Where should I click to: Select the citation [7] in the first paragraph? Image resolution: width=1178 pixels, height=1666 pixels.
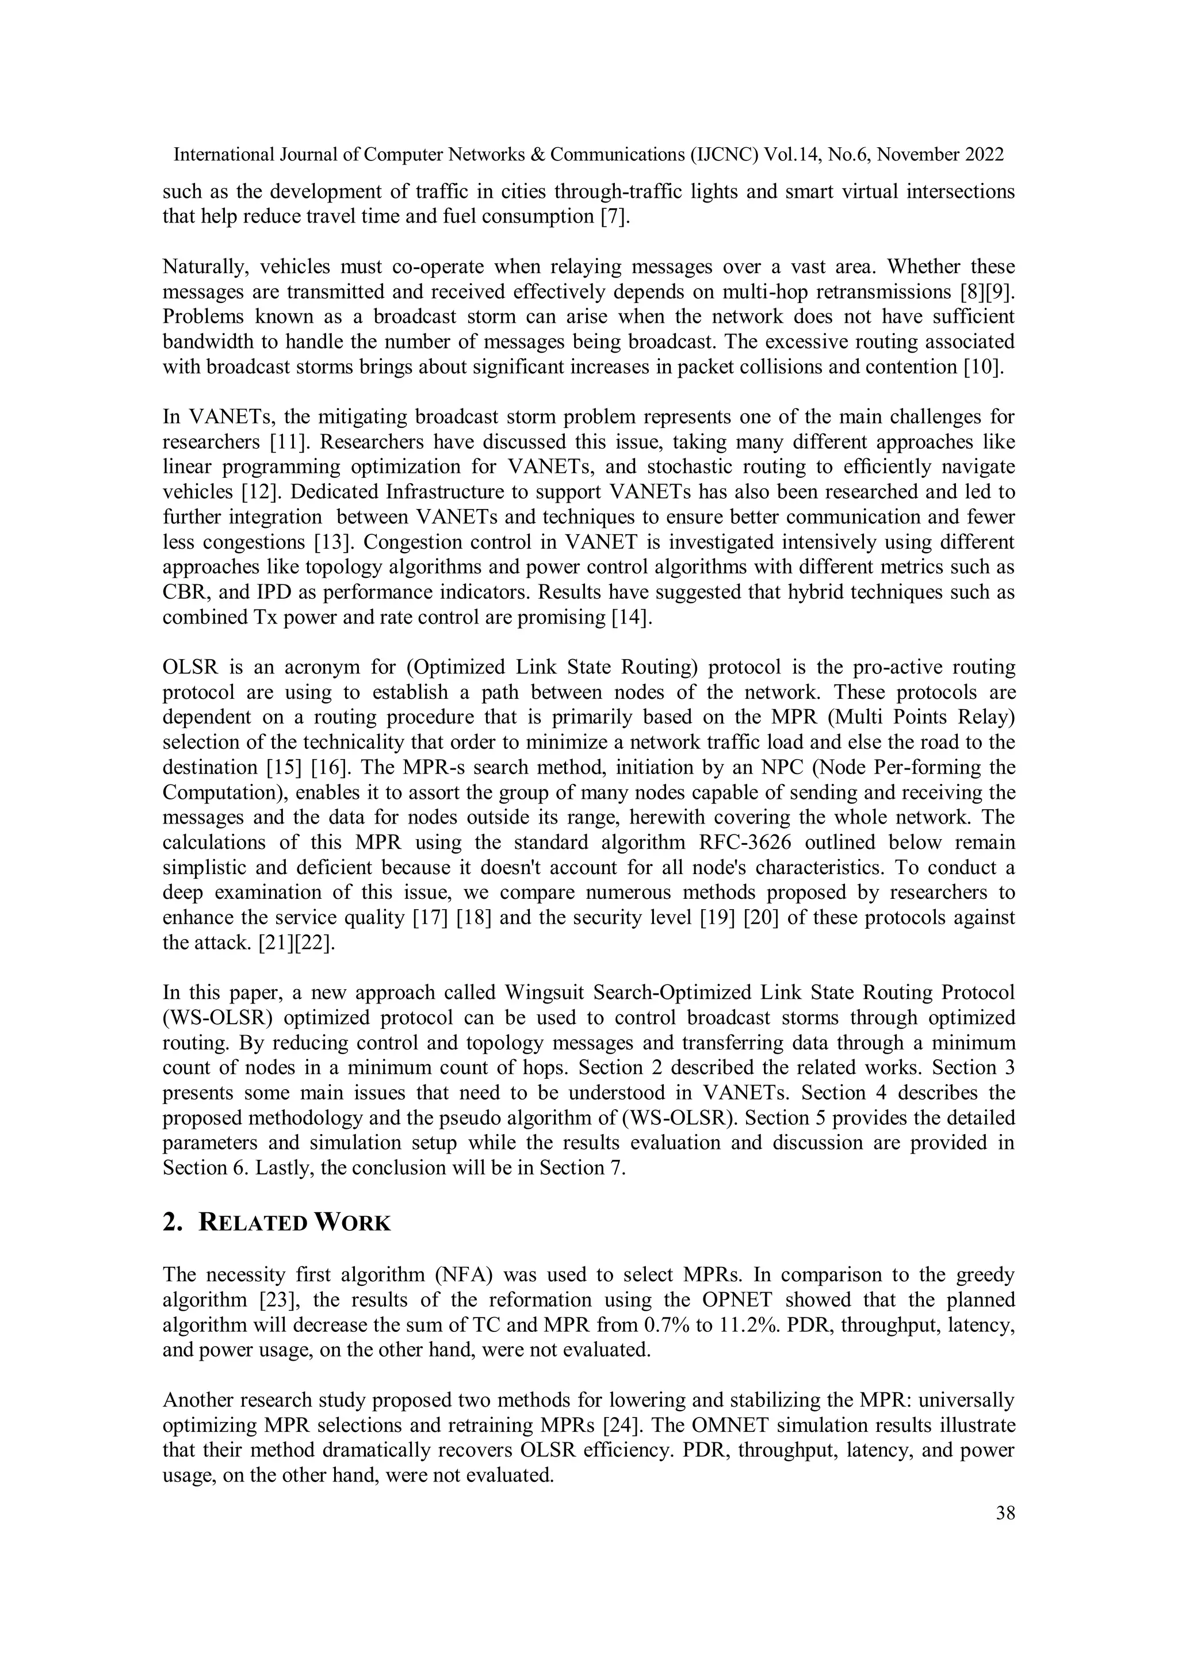tap(614, 216)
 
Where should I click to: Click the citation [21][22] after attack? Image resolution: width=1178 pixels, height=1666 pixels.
tap(294, 943)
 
